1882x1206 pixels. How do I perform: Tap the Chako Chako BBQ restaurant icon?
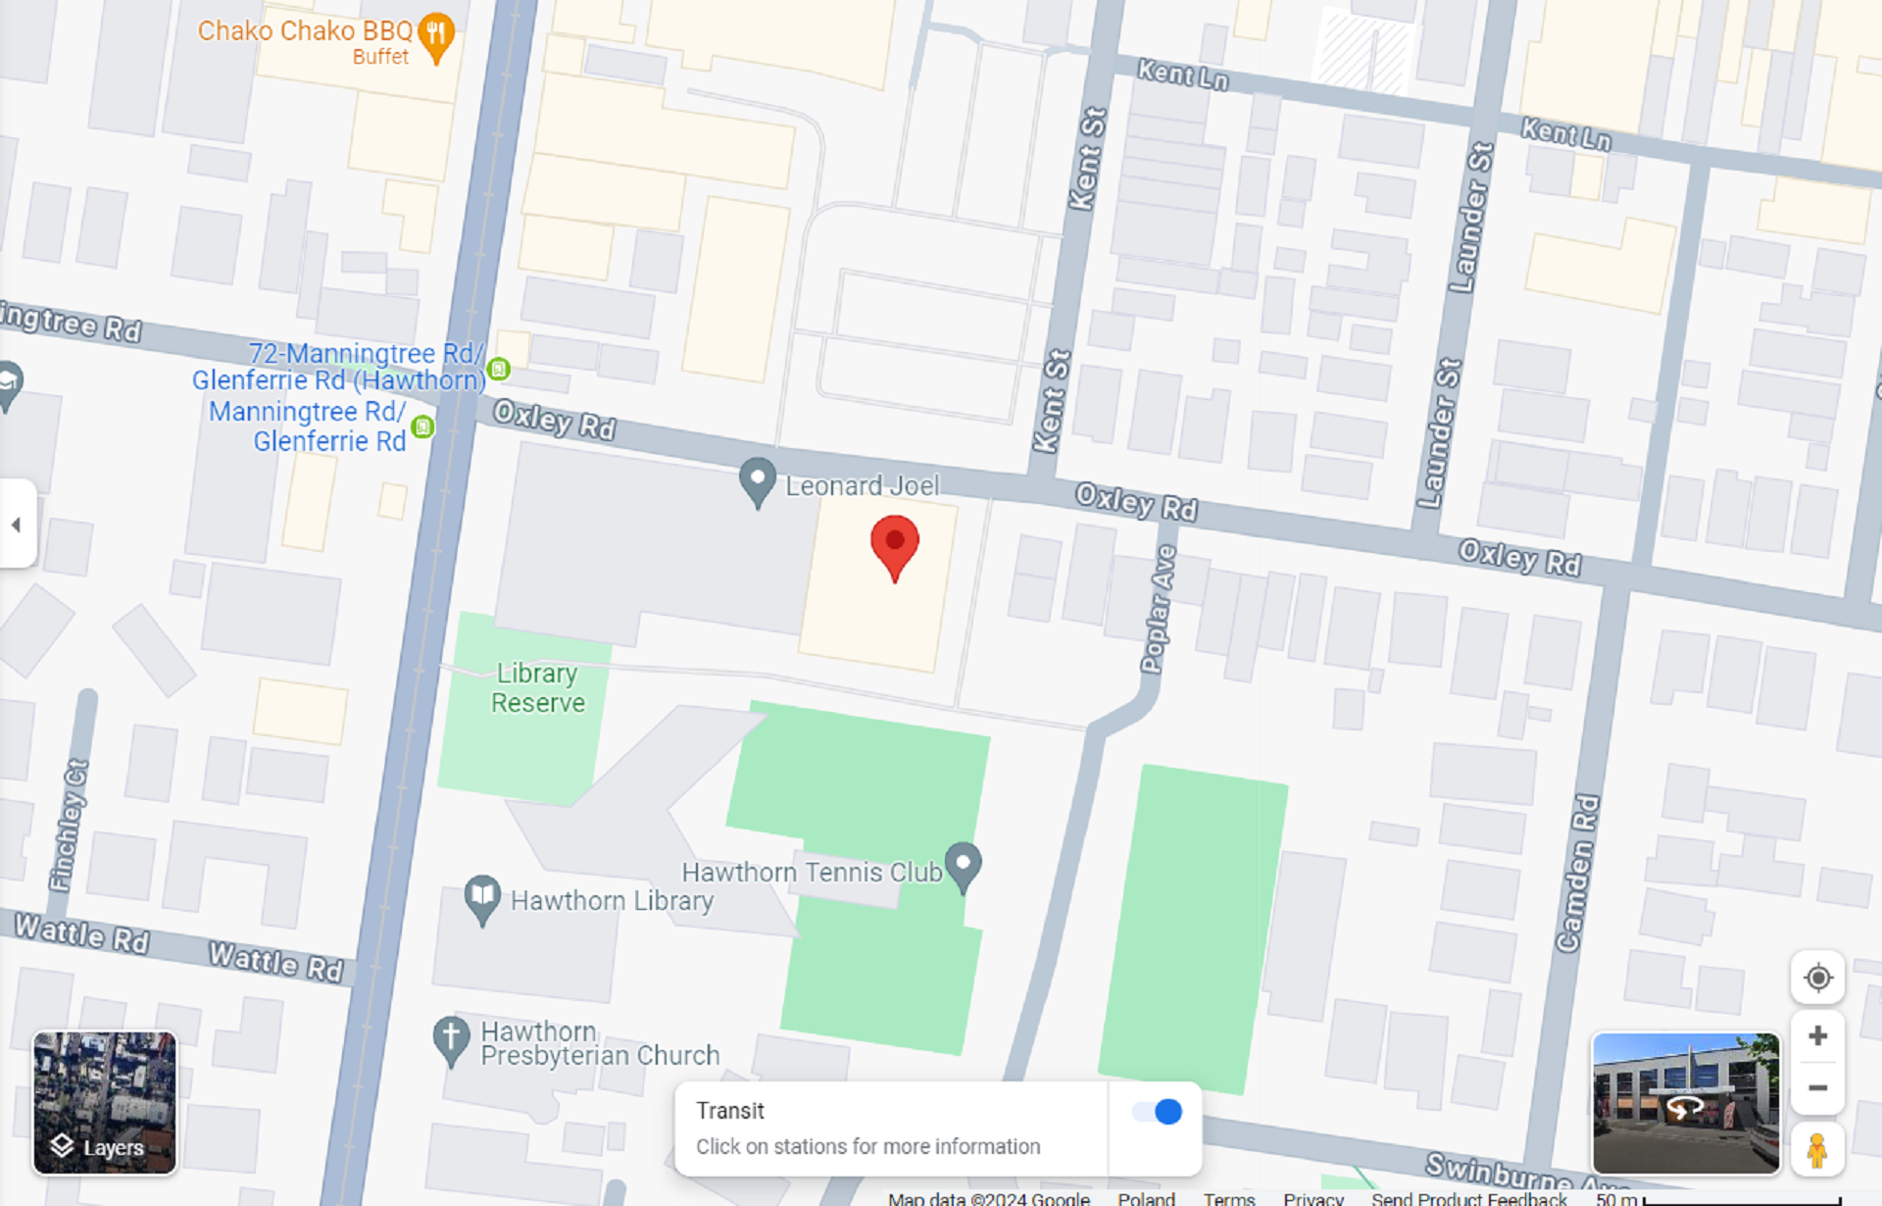[436, 35]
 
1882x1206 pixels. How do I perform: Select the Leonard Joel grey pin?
[757, 480]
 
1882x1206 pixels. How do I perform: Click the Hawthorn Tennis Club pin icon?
[964, 865]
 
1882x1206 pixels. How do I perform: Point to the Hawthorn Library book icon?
[482, 896]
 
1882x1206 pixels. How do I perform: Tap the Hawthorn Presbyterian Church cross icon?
[451, 1037]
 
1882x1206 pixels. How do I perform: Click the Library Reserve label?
[537, 687]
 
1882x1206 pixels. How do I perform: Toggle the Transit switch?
[1157, 1112]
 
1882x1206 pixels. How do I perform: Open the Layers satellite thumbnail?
[105, 1102]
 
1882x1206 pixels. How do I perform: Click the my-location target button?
[1817, 978]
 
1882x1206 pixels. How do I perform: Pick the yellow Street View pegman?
[1816, 1150]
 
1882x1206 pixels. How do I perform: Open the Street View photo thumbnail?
[1685, 1102]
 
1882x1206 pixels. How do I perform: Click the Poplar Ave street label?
[1159, 609]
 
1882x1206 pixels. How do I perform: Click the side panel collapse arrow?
[17, 525]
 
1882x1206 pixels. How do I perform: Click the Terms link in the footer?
[1228, 1198]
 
